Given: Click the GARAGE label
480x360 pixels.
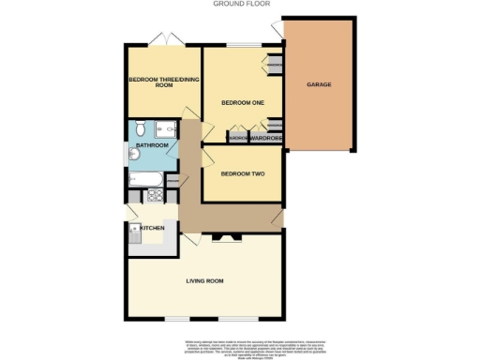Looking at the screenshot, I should (x=319, y=84).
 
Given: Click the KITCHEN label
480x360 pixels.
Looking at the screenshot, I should (x=153, y=228).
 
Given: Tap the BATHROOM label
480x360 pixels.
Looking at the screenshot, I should (x=152, y=146).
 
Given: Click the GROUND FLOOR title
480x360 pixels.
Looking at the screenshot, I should (x=240, y=4).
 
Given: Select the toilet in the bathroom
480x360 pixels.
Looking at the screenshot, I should (x=138, y=129).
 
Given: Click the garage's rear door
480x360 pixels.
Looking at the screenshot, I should (x=277, y=32).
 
